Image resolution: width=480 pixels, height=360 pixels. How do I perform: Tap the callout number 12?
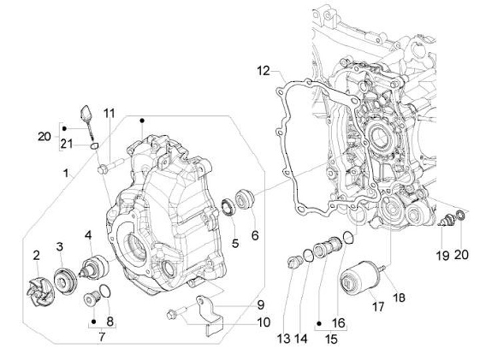(x=263, y=71)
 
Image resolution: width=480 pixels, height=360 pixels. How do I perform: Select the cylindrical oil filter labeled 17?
(x=360, y=278)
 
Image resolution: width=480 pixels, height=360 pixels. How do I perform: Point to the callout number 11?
(x=109, y=113)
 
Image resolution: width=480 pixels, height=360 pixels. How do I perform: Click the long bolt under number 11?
(x=111, y=165)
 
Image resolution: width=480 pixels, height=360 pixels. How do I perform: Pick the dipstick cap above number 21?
(x=85, y=113)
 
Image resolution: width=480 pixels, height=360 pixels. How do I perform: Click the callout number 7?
(x=101, y=337)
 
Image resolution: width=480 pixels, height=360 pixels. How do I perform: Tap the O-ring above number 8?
(x=105, y=291)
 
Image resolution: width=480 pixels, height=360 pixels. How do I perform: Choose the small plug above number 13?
(x=295, y=263)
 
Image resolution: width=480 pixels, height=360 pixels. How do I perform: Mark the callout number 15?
(x=331, y=339)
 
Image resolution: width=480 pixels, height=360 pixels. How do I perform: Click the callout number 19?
(x=443, y=255)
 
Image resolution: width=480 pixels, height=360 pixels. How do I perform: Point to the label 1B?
(x=398, y=297)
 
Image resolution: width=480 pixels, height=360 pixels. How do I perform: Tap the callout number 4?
(x=88, y=235)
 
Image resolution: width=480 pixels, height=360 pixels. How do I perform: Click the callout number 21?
(x=67, y=143)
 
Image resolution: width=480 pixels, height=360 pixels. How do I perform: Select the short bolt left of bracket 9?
(x=177, y=313)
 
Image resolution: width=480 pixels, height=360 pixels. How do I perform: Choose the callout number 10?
(x=263, y=323)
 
